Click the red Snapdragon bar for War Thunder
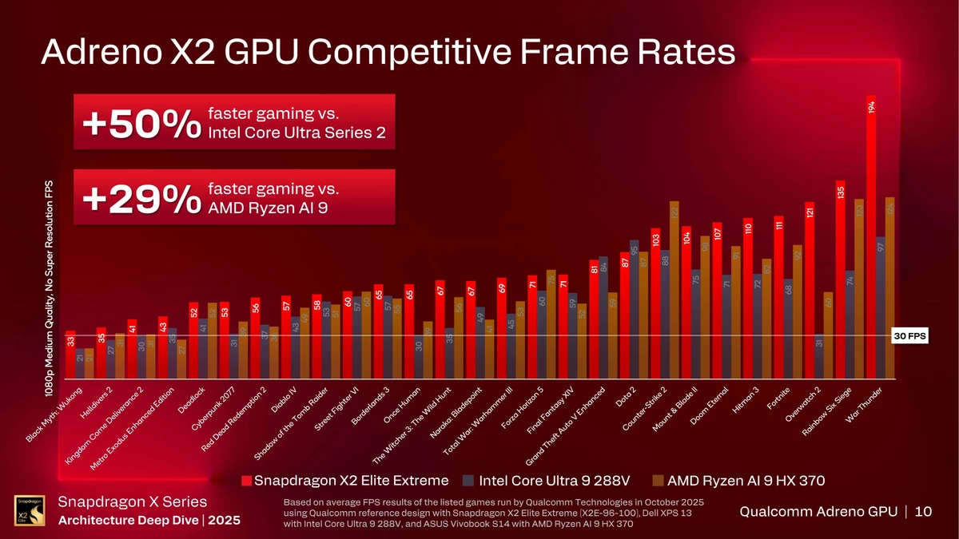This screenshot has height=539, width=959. point(871,240)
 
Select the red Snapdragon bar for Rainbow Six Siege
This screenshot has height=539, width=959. point(840,279)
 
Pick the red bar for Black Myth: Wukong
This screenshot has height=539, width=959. point(70,355)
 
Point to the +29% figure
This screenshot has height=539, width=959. point(141,199)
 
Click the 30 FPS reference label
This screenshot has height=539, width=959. point(909,336)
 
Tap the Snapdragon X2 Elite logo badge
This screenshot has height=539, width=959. point(26,511)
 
